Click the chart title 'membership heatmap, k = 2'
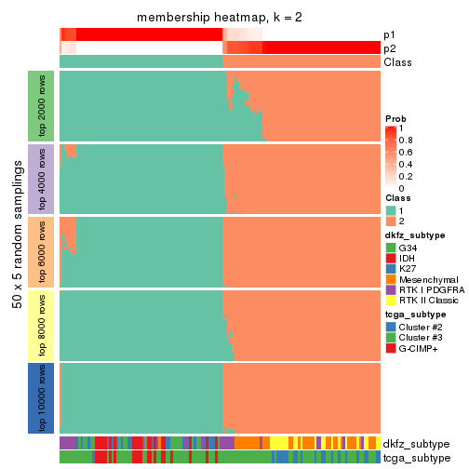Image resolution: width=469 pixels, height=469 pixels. [219, 18]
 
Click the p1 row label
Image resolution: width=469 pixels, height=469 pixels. [389, 34]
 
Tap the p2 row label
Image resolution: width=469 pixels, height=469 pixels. [389, 48]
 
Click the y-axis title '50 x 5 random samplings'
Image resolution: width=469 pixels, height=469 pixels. [17, 251]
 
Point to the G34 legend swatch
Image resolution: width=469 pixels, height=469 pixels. [391, 248]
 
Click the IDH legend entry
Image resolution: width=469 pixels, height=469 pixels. [407, 261]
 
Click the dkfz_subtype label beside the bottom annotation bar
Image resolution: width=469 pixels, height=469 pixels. [416, 444]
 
